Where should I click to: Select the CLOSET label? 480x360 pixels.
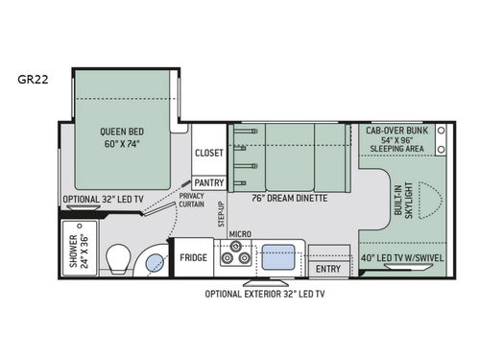coord(208,154)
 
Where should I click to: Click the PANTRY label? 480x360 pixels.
coord(208,181)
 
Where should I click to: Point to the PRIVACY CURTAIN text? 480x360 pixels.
coord(196,200)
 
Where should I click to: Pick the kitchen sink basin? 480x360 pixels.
coord(279,256)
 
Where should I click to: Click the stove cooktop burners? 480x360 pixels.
coord(235,256)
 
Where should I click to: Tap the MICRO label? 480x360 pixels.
coord(239,233)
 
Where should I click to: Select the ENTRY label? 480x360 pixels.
coord(327,268)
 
